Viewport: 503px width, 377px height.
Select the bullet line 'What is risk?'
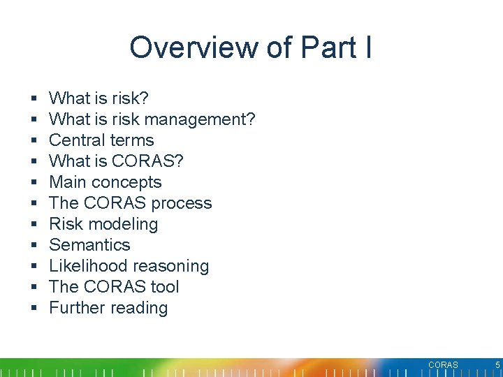tap(99, 98)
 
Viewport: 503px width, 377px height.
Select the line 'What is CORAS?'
tap(116, 161)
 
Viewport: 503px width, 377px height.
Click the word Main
tap(68, 182)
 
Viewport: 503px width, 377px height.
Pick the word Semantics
tap(89, 245)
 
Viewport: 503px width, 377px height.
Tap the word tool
tap(163, 287)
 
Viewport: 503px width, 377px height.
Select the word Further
tap(77, 308)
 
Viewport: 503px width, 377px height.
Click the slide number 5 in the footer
tap(497, 364)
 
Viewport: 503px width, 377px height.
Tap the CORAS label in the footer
tap(443, 365)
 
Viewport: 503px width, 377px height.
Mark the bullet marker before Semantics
tap(34, 245)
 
